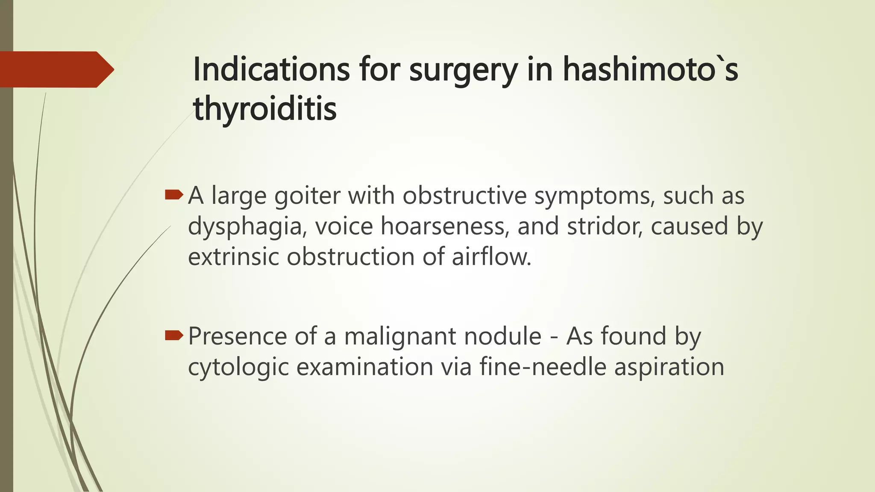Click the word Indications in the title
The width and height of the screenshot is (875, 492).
271,69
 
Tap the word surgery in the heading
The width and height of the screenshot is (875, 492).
463,70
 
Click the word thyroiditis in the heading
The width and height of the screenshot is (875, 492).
265,108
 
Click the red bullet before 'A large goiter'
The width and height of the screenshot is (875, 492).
173,196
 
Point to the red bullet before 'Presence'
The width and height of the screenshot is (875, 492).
173,336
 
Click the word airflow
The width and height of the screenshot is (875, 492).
491,257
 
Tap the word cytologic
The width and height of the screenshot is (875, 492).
238,367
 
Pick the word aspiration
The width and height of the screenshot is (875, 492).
669,367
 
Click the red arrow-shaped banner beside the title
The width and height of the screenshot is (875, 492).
56,69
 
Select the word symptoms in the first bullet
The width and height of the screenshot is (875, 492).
594,197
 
